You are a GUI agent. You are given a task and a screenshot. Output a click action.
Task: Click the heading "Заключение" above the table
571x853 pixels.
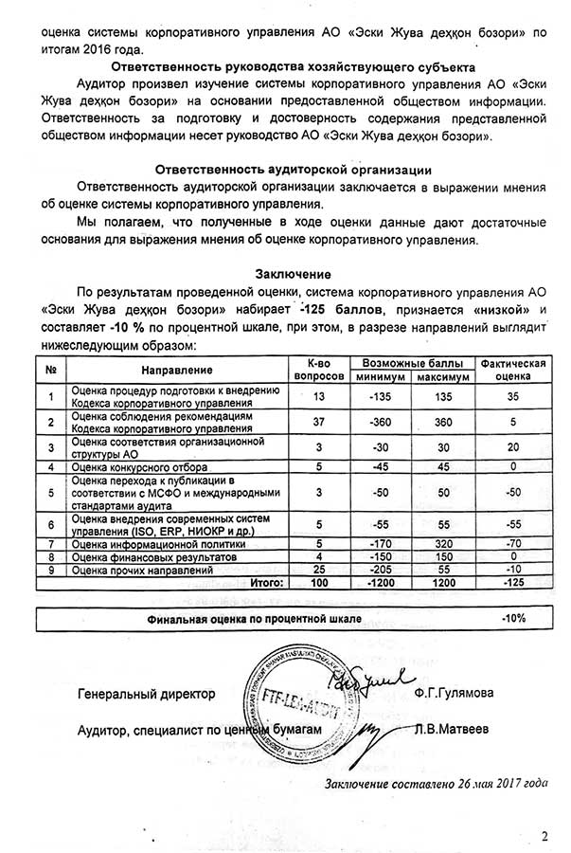click(x=285, y=273)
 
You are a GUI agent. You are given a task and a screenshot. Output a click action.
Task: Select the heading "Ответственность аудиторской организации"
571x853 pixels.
click(x=285, y=170)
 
